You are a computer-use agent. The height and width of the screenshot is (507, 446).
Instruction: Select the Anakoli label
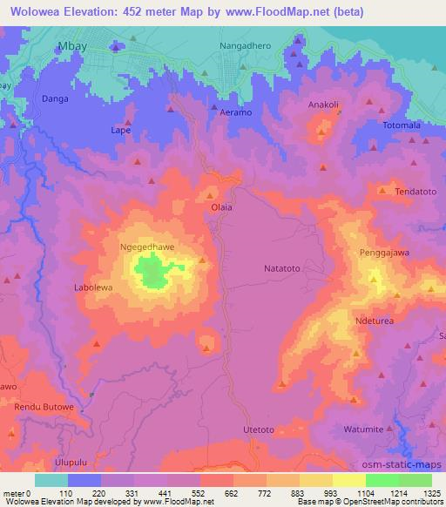[x=323, y=105]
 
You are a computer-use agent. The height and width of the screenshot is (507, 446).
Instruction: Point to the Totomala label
[x=402, y=126]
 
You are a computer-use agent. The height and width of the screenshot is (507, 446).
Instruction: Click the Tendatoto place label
[x=416, y=191]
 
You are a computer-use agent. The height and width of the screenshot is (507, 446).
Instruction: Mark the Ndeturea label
[x=377, y=321]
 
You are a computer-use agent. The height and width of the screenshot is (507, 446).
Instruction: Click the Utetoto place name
[x=259, y=429]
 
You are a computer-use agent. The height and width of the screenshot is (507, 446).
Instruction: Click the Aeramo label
[x=235, y=113]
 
